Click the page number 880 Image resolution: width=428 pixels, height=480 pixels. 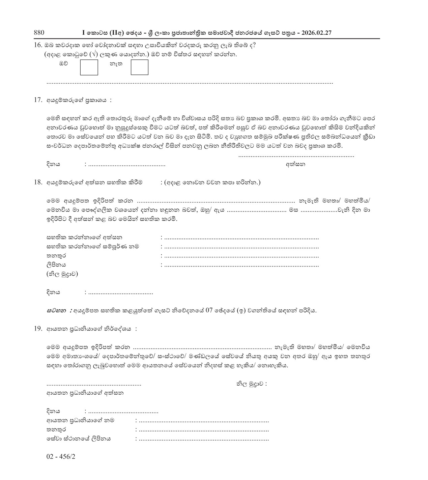click(39, 33)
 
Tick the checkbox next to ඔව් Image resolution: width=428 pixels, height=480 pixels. click(89, 67)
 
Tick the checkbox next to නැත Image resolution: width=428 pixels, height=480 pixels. click(139, 67)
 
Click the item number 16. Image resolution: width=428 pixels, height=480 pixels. click(38, 46)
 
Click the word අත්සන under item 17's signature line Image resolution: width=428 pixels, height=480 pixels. click(295, 165)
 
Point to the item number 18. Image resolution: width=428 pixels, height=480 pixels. click(38, 182)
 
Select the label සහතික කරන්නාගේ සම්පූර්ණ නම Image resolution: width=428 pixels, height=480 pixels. click(93, 247)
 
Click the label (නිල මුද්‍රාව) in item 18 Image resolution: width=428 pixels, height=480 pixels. click(62, 274)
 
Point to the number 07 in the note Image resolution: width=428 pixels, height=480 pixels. click(209, 311)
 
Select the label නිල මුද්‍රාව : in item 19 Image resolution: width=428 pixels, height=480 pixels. click(251, 384)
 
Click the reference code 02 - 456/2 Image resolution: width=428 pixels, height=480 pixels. click(61, 457)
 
